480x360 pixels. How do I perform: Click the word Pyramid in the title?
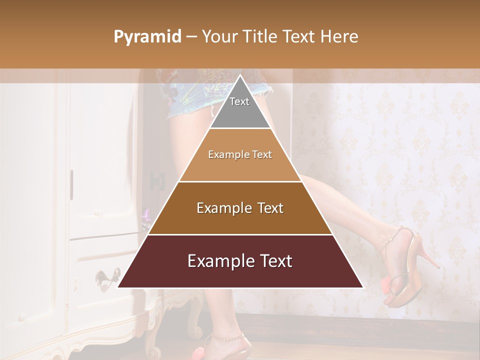(x=147, y=37)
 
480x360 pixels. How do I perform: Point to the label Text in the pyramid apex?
(x=239, y=101)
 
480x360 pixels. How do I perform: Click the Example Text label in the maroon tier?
(x=240, y=261)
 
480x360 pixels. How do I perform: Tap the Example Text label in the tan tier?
(x=240, y=154)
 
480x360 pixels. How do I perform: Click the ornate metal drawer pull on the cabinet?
(x=107, y=275)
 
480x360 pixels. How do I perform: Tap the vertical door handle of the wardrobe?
(x=71, y=185)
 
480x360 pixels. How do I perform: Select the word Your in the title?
(x=218, y=37)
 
